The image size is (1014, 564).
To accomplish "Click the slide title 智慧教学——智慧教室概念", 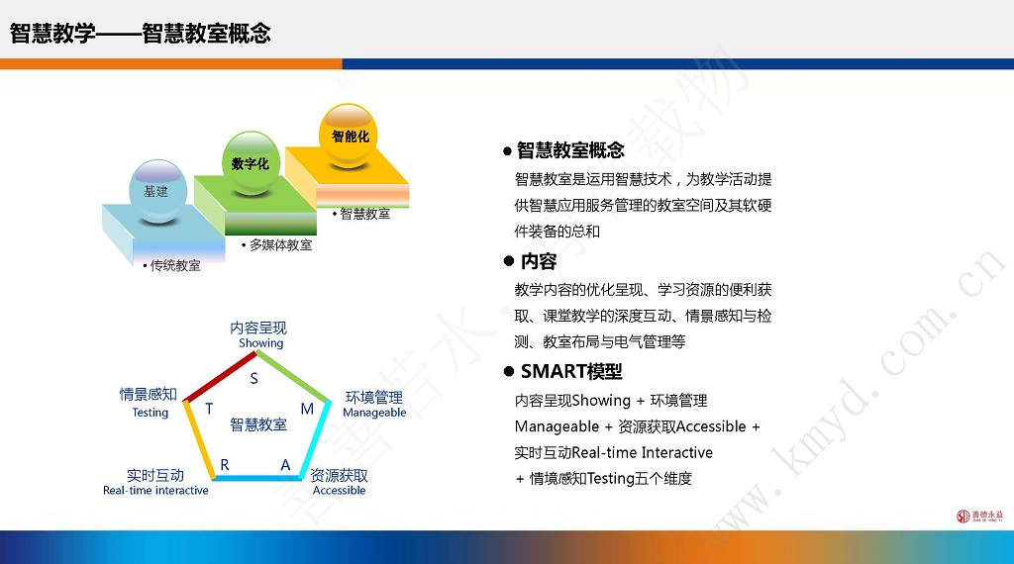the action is pos(141,33).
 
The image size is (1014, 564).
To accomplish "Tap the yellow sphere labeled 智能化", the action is pos(349,137).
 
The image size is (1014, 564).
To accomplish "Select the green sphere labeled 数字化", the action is pos(251,163).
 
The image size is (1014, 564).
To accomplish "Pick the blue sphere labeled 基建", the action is pos(157,191).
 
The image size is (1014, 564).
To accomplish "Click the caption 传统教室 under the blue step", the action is pos(174,265).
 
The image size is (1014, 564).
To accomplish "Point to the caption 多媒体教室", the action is pos(280,244).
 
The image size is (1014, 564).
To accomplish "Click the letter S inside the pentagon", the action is pos(254,379).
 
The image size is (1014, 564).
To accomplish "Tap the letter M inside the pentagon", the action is pos(307,409).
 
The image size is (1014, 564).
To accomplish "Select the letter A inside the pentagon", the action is pos(286,465).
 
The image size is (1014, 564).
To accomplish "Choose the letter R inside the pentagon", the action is pos(225,465).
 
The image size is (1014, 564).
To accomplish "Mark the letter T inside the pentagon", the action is pos(209,409).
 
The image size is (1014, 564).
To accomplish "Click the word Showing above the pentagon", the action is pos(261,343).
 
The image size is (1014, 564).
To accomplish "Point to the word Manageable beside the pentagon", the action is pos(374,413).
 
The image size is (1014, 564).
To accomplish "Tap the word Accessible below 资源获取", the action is pos(340,491).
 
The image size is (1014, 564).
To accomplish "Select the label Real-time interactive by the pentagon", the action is pos(155,491).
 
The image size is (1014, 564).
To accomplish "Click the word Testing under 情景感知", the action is pos(151,413).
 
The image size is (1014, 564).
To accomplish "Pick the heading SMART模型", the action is pos(571,371).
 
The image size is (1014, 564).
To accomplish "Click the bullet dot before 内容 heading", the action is pos(508,261).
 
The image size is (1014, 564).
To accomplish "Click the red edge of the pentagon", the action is pos(221,377).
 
